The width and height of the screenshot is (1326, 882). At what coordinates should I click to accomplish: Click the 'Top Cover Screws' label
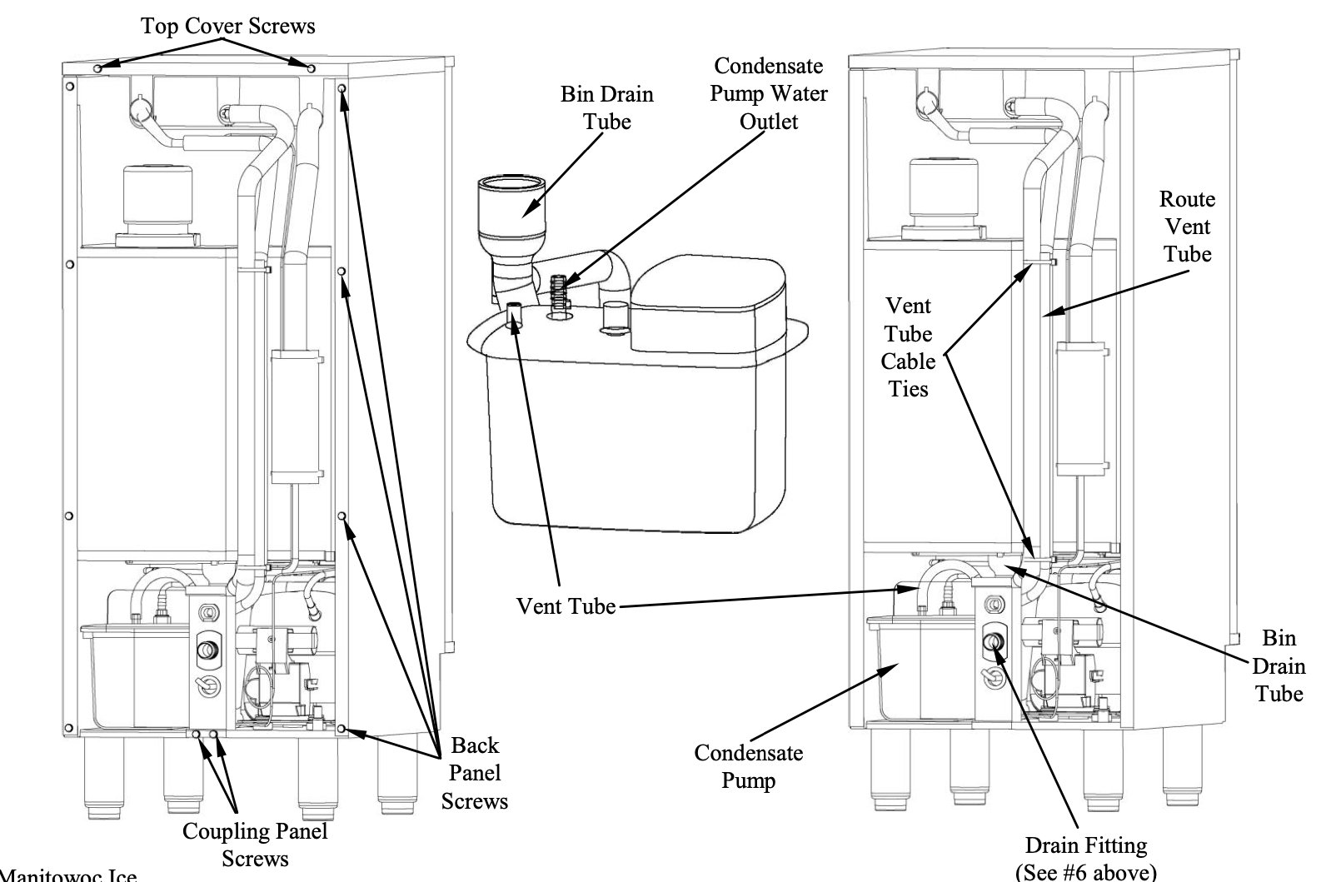228,26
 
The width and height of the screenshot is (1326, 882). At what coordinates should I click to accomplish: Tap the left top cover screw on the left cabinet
98,68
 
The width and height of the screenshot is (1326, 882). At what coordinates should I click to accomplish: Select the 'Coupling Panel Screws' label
255,845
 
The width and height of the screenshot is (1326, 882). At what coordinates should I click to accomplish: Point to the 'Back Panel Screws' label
475,773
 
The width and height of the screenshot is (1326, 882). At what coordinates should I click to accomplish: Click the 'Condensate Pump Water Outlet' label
769,93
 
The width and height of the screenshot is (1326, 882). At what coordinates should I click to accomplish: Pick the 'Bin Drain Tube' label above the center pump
607,107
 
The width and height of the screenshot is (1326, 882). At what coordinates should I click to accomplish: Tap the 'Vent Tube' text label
566,606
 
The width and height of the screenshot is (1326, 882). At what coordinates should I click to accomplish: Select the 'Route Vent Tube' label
1188,227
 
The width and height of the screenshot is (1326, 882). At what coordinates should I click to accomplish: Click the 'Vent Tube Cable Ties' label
908,347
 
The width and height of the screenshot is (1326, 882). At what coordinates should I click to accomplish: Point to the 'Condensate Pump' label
749,766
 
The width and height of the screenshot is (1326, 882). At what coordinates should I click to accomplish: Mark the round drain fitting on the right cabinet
994,641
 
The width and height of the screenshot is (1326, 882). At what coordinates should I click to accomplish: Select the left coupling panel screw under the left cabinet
197,734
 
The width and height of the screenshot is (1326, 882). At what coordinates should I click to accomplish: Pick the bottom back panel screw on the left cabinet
341,729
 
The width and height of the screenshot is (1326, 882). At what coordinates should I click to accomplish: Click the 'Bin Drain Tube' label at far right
1279,666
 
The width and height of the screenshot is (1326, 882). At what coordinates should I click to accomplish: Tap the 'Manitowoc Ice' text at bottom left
68,875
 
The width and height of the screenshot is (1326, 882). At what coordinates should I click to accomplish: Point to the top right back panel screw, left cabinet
342,89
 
